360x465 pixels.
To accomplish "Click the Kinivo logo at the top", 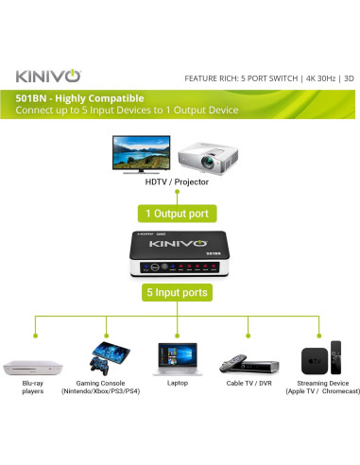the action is coord(52,75).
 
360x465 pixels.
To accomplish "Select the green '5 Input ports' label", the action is coord(179,293).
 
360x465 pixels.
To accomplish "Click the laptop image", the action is coord(178,361).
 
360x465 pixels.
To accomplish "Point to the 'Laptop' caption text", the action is coord(178,383).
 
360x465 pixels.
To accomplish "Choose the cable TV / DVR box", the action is coord(249,365).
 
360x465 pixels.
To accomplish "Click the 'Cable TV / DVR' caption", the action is coord(249,383).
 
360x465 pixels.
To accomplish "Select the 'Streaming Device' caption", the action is coord(320,383).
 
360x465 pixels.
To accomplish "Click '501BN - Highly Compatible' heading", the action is coord(80,97).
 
